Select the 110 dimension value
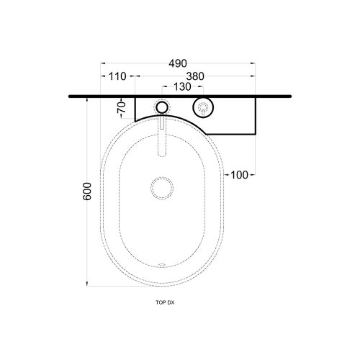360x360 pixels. tap(117, 76)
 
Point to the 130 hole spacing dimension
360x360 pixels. tap(183, 87)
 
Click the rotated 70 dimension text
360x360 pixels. tap(123, 109)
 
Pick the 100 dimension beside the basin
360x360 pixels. tap(240, 175)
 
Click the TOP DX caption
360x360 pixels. tap(165, 303)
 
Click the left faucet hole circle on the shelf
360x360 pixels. tap(163, 109)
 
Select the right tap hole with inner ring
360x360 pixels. tap(203, 109)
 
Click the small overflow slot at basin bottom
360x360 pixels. tap(162, 265)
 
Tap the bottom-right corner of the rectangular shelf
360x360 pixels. tap(256, 135)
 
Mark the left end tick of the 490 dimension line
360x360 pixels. tap(100, 63)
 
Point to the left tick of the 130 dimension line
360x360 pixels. tap(163, 87)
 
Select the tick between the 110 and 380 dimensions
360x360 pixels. tap(135, 76)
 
